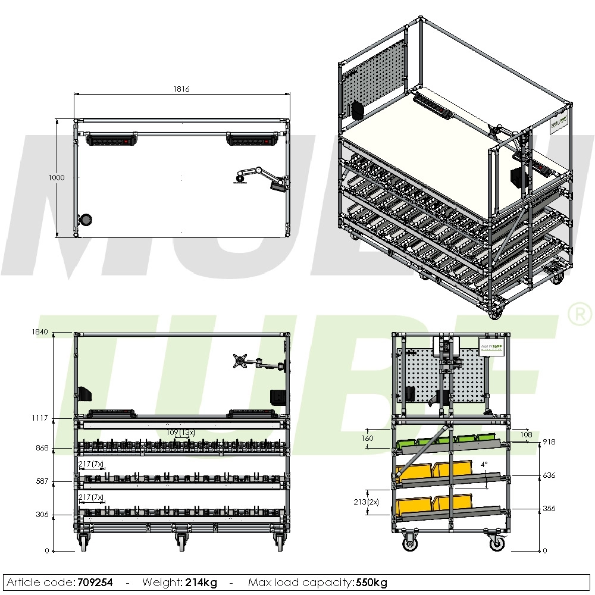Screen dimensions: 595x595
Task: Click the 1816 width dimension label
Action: (181, 89)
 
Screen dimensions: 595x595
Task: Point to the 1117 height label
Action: (40, 418)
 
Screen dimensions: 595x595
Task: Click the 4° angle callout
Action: (484, 464)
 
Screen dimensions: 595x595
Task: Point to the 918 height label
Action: (550, 442)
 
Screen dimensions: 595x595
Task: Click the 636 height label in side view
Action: (550, 475)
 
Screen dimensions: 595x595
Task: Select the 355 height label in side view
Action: (550, 509)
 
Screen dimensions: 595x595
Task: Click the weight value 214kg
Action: (202, 583)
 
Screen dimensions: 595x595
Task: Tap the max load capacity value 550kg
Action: (372, 583)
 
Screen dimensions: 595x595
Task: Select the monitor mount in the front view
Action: (241, 360)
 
